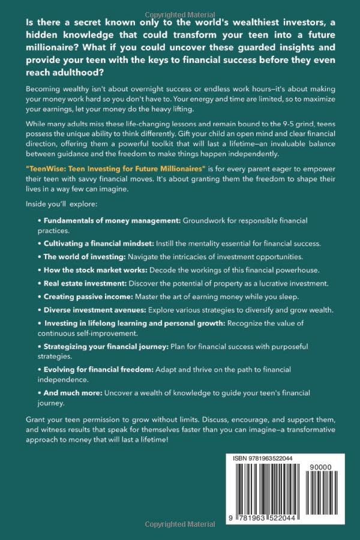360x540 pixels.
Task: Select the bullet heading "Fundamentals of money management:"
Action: coord(112,221)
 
